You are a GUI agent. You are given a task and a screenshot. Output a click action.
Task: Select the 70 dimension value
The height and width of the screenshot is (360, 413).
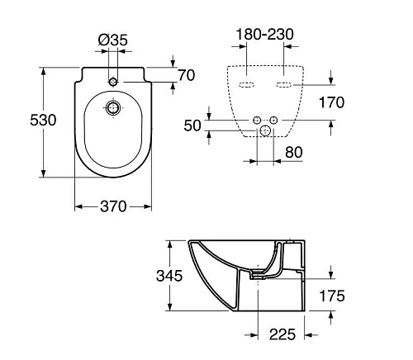[186, 75]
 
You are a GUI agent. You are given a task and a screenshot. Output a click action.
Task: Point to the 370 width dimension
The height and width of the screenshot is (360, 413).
[112, 206]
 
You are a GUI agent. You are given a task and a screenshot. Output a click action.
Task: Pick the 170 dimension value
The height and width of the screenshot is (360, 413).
[331, 102]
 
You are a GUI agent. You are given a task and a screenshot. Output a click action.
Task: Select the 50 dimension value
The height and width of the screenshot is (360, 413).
[193, 125]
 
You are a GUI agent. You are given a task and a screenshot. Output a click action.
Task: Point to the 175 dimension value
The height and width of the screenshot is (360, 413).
[333, 296]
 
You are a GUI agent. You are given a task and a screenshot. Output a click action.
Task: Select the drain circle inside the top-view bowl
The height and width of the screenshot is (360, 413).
[113, 107]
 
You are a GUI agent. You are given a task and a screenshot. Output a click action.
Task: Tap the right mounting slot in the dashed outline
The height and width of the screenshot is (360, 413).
[283, 85]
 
